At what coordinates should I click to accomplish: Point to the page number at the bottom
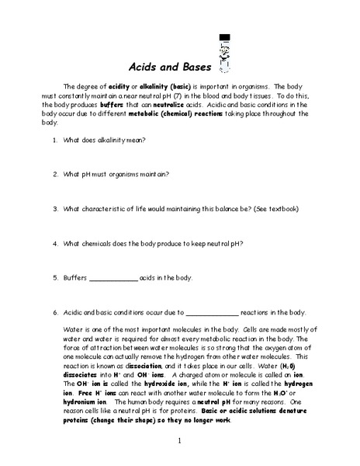tap(179, 442)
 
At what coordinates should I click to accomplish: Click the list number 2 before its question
tap(55, 174)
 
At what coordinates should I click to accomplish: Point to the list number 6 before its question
tap(55, 313)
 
